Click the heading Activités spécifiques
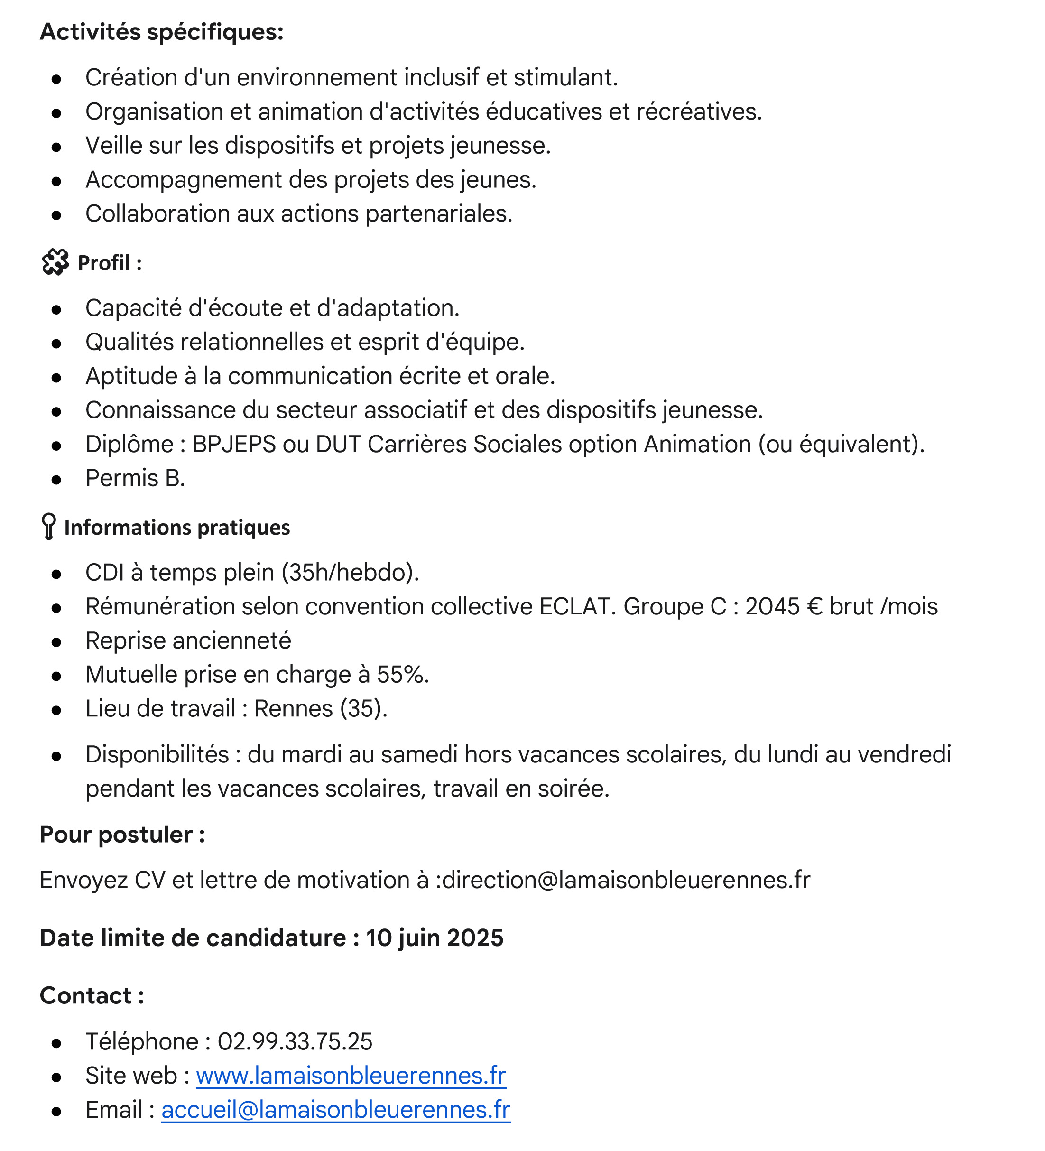pos(161,32)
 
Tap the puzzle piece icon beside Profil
pos(55,263)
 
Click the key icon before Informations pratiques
pos(49,527)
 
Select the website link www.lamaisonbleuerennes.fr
pos(351,1076)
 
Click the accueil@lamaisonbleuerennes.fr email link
pos(335,1110)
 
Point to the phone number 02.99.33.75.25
pos(295,1041)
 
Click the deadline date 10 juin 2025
pos(435,938)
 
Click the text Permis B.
pos(135,478)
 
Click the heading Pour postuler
pos(122,835)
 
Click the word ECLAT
pos(577,606)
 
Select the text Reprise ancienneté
pos(188,640)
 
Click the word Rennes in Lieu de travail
pos(293,708)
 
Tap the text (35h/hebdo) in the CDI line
pos(351,573)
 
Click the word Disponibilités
pos(157,755)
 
